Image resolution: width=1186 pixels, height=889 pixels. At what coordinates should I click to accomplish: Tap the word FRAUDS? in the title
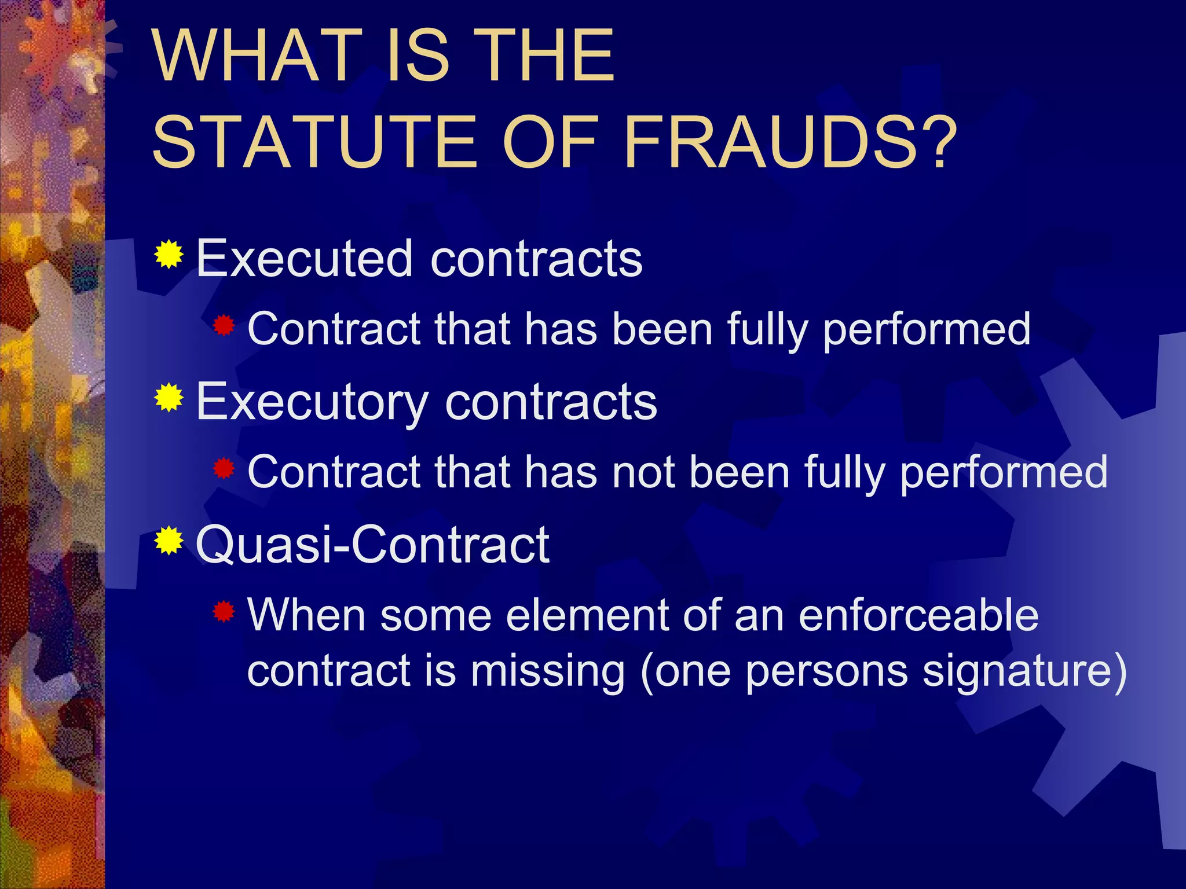pos(790,142)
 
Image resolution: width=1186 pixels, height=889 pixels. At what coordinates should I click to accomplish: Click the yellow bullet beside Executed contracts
pos(169,254)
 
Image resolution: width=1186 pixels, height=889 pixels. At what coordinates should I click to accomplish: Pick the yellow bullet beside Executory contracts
pos(169,398)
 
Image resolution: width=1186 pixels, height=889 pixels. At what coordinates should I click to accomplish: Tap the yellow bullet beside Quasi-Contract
pos(169,541)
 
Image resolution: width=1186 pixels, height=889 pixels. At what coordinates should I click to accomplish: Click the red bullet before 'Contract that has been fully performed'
pos(224,326)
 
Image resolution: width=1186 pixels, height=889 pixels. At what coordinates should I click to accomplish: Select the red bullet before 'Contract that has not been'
pos(224,469)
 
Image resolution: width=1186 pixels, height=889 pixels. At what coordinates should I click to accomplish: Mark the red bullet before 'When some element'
pos(224,611)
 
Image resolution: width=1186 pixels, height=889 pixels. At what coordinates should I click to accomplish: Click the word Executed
pos(305,258)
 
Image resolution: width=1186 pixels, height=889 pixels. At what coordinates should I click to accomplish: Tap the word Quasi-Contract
pos(373,545)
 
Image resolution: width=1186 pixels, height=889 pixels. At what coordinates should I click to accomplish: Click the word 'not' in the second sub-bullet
pos(643,472)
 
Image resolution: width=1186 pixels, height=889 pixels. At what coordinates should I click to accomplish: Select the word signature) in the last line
pos(1024,672)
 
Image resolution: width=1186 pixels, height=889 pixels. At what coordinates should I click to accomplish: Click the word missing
pos(548,672)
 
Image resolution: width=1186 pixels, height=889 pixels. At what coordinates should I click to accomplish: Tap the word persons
pos(826,672)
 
